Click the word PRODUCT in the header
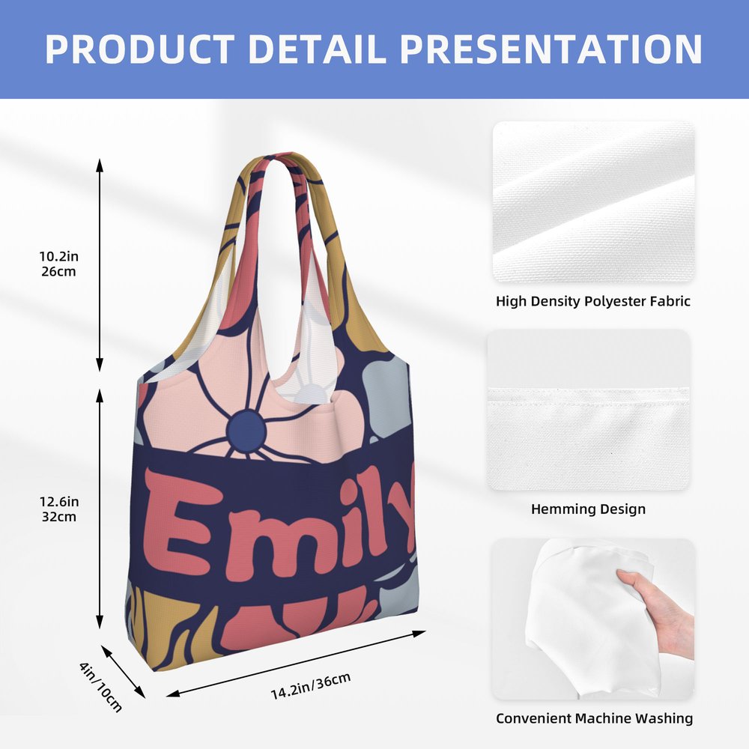[x=139, y=49]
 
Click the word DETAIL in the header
[x=317, y=49]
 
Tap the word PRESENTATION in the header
[x=551, y=49]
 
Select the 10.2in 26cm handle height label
[x=58, y=264]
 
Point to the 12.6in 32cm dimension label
[x=59, y=509]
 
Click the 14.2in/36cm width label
[x=311, y=685]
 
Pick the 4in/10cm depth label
[x=101, y=686]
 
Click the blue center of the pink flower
[x=246, y=429]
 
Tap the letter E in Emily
[x=178, y=521]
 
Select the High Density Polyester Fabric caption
[x=592, y=301]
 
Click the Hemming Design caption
[x=588, y=509]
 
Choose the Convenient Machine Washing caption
[x=594, y=718]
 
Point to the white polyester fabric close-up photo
[x=594, y=201]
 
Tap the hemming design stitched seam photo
[x=589, y=410]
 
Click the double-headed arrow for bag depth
[x=123, y=672]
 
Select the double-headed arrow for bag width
[x=296, y=664]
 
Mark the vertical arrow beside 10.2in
[x=100, y=265]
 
